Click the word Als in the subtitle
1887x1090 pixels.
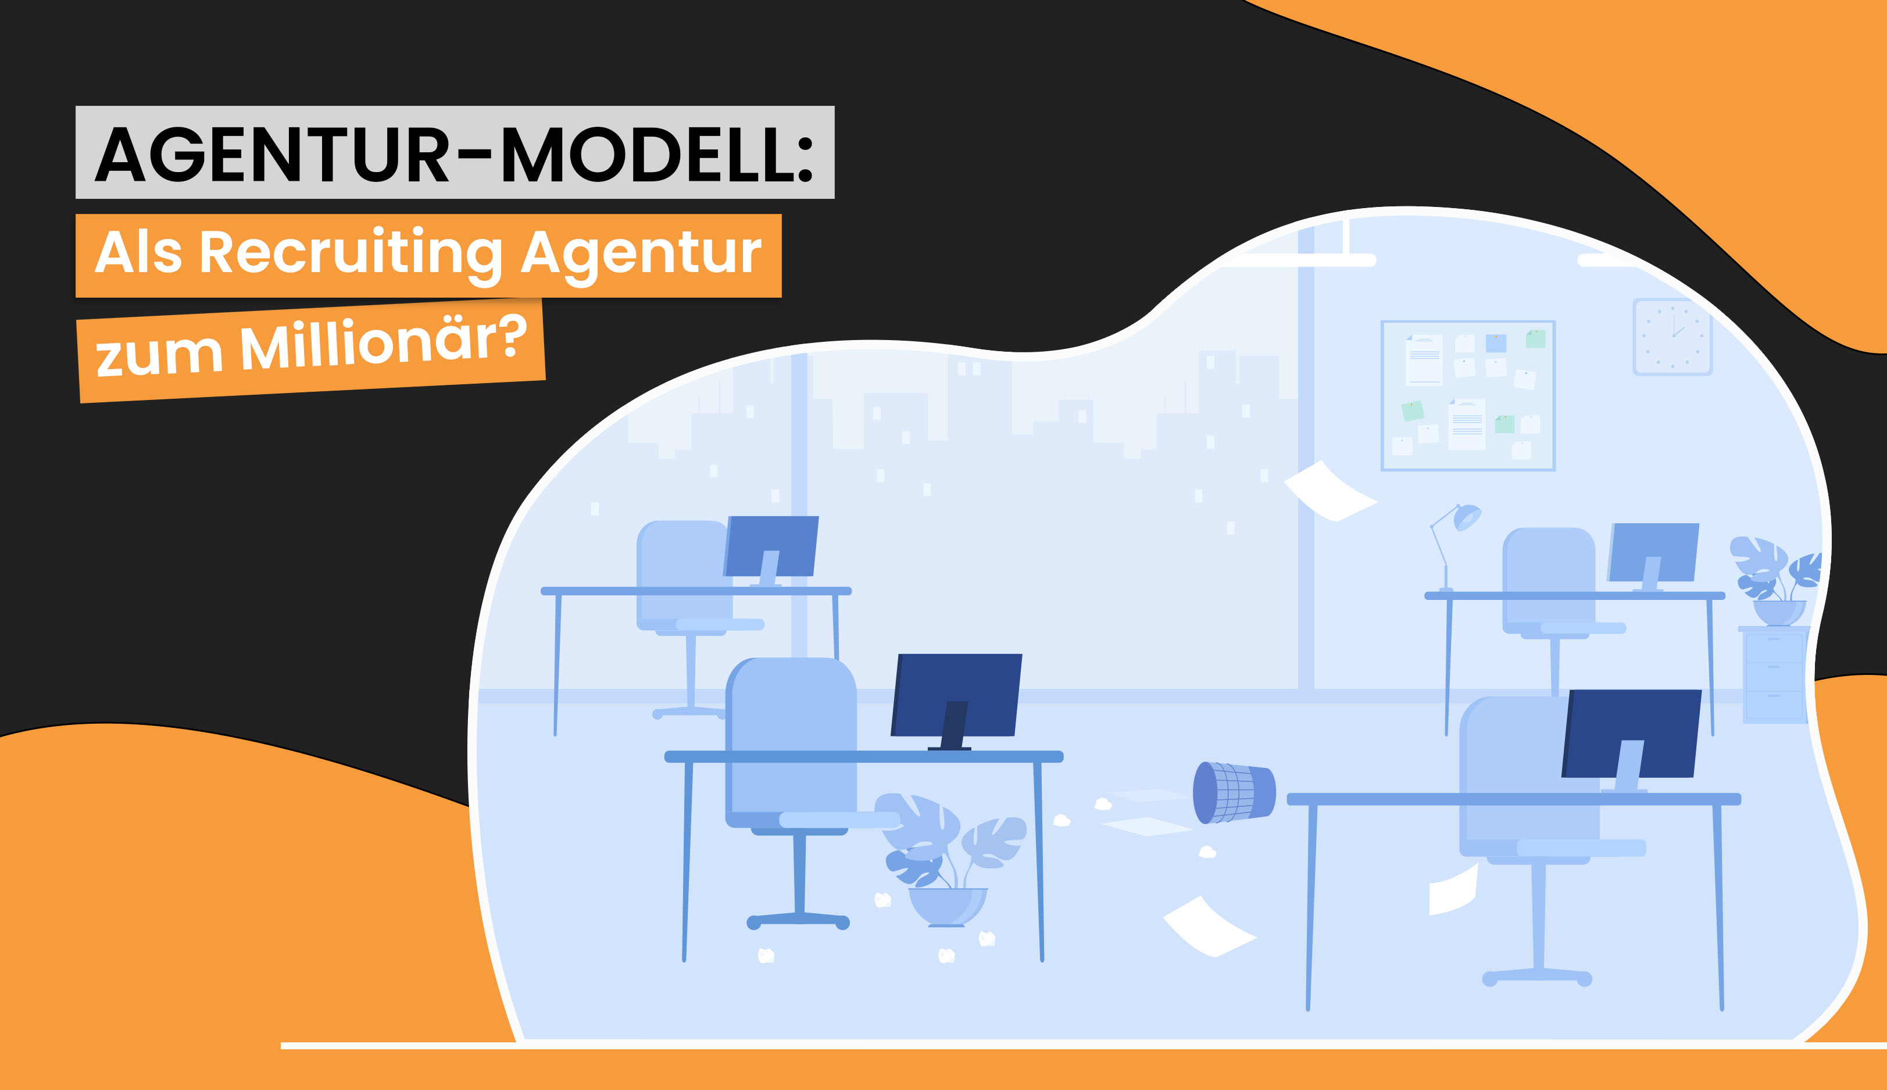click(x=138, y=253)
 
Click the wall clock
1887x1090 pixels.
click(x=1672, y=337)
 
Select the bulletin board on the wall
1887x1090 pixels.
click(x=1467, y=395)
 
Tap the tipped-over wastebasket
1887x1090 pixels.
click(x=1234, y=792)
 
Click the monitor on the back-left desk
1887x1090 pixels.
click(x=771, y=546)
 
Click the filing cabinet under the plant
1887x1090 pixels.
click(x=1774, y=676)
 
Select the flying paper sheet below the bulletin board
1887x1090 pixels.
click(x=1330, y=491)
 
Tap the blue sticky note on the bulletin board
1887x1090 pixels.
click(x=1496, y=344)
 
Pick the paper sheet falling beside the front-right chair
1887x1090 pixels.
click(x=1453, y=891)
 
